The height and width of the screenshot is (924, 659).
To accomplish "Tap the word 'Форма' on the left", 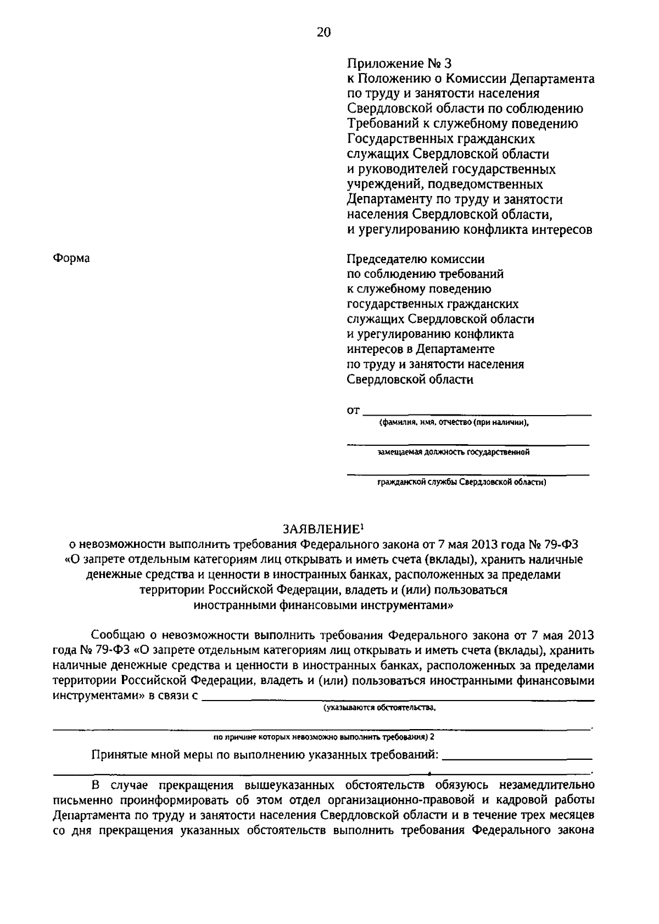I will (x=71, y=258).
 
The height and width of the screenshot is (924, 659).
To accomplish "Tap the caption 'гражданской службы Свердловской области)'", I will (x=461, y=483).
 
